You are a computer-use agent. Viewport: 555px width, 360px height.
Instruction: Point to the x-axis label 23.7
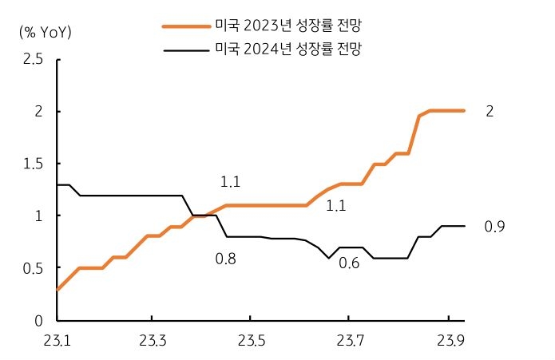tap(350, 341)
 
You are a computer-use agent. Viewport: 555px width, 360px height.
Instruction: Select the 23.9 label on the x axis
tap(448, 341)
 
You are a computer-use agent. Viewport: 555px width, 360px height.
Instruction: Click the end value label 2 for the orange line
tap(490, 112)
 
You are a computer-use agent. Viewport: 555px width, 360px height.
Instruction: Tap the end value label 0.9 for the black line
tap(494, 227)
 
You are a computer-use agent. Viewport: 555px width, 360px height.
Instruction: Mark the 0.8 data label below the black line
tap(226, 259)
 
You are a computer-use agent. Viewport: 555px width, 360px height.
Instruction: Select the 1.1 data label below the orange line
tap(335, 206)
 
